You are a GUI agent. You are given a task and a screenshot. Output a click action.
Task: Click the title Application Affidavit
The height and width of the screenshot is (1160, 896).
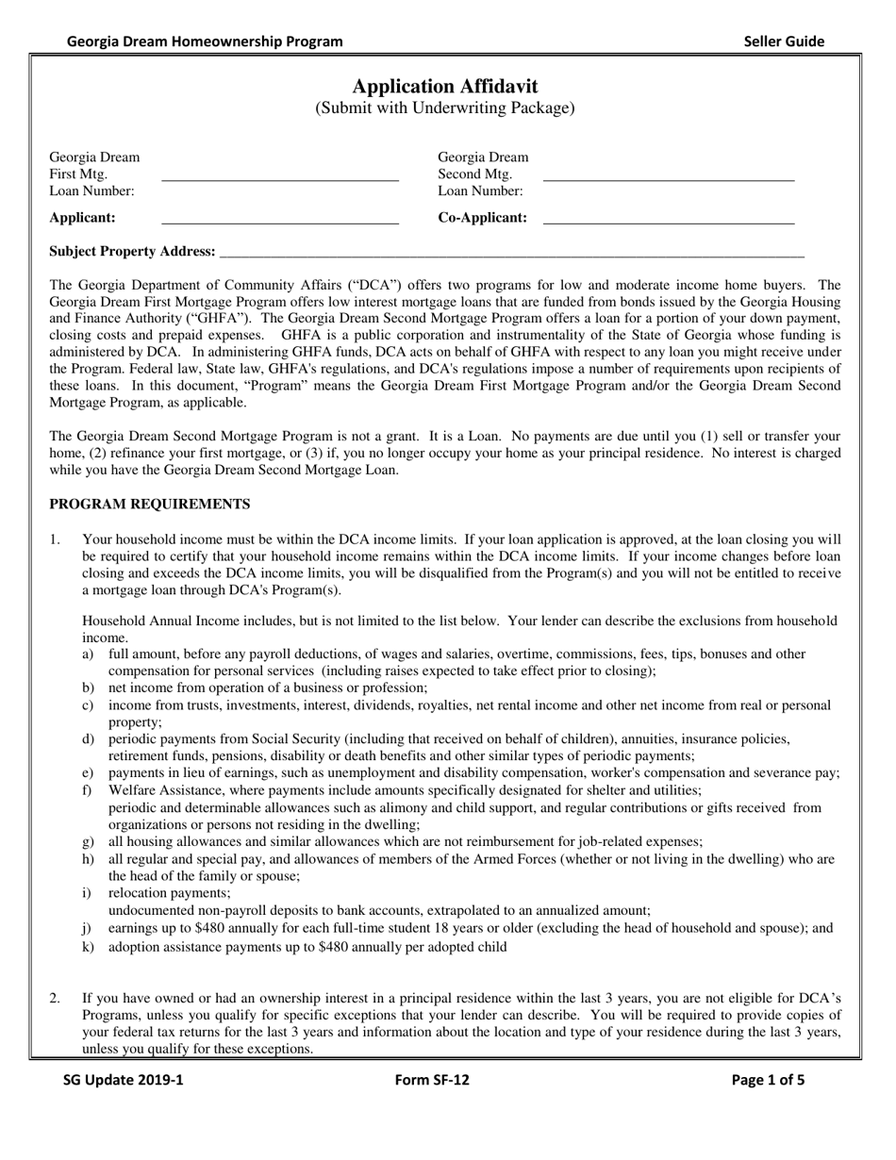pos(445,86)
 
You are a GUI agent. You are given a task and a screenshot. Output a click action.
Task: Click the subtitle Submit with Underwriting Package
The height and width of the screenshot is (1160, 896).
pos(444,108)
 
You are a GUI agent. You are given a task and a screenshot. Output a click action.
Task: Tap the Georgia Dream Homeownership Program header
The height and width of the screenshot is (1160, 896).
pos(205,41)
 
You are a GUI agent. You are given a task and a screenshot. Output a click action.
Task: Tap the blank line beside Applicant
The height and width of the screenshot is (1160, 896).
pos(280,223)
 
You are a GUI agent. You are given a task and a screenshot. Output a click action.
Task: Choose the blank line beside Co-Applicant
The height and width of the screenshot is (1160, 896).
pos(669,223)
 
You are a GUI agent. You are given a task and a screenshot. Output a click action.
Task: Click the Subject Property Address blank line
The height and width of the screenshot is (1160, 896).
pos(510,256)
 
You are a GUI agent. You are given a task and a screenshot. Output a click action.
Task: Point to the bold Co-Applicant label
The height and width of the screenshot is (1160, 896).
pos(482,218)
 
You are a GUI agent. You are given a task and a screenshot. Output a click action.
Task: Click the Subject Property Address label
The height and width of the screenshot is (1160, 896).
pos(132,251)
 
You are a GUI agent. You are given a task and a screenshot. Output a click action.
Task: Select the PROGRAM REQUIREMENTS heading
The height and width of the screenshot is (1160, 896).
pos(149,504)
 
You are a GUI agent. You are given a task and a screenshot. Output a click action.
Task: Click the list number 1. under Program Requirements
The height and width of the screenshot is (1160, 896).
pos(56,539)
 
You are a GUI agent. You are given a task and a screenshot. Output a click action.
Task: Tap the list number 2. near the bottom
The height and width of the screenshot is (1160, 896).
pos(56,997)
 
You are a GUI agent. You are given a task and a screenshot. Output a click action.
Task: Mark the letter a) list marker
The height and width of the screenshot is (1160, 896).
pos(88,654)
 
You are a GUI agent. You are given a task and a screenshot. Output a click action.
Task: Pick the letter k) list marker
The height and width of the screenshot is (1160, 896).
pos(88,946)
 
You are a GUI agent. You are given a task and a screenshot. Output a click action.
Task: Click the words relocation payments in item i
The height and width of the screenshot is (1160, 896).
pos(169,892)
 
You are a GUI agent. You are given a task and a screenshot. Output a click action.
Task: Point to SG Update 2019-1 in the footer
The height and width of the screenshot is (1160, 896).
pos(124,1081)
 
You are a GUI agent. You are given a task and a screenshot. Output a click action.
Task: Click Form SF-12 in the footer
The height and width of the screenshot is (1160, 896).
pos(431,1081)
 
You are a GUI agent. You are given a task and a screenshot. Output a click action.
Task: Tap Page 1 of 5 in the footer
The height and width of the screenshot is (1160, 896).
pos(768,1081)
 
